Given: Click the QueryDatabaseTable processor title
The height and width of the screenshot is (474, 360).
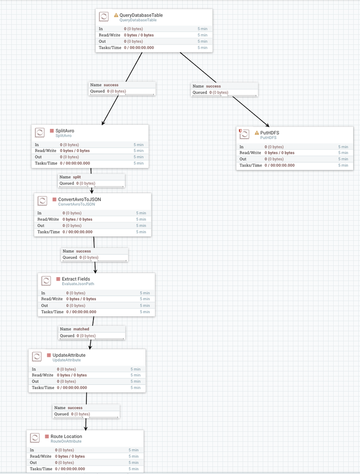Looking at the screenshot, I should (141, 15).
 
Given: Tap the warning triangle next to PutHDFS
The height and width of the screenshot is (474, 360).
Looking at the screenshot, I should (257, 133).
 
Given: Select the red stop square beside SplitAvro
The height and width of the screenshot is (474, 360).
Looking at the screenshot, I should (52, 130).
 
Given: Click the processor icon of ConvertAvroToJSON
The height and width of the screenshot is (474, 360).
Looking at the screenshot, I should (42, 201).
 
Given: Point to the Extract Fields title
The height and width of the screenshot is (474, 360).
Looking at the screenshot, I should (76, 279).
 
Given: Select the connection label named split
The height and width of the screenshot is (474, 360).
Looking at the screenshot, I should (76, 177).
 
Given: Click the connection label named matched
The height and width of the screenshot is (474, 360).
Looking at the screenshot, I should (81, 329).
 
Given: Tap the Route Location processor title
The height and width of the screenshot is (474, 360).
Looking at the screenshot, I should (66, 437).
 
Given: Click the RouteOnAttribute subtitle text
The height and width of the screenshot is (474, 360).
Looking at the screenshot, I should (66, 441).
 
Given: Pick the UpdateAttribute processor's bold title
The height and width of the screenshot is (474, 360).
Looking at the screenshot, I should (69, 355).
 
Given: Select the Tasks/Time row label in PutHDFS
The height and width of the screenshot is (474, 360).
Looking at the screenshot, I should (250, 166).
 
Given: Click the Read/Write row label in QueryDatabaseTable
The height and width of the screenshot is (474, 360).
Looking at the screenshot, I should (109, 35).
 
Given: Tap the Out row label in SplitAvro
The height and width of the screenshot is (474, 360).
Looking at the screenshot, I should (38, 157).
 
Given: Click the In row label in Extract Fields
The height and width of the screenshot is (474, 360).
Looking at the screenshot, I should (43, 293).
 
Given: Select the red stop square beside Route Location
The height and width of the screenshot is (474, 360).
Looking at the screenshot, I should (47, 437).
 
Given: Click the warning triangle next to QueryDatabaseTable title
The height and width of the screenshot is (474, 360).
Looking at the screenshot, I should (115, 15).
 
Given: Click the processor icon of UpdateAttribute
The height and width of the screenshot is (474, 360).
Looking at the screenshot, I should (37, 356).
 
